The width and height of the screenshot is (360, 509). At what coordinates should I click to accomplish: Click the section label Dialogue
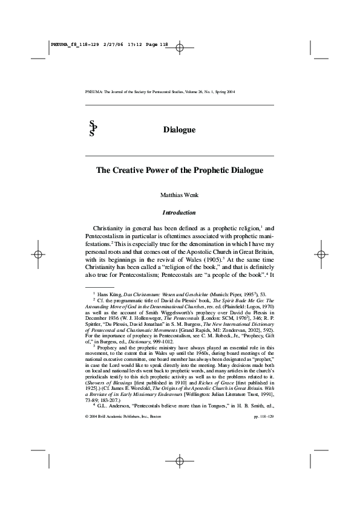179,130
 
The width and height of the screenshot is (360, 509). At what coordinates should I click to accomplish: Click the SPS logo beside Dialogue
92,129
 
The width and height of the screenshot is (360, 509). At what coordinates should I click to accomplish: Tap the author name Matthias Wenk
179,195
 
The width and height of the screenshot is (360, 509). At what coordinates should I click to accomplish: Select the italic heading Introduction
179,213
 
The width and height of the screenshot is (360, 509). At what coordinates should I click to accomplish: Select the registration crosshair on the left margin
38,254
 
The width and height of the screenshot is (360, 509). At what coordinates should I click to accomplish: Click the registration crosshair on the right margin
321,254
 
